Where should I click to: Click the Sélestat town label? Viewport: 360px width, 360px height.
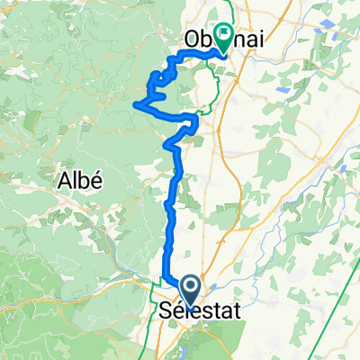pyautogui.click(x=192, y=311)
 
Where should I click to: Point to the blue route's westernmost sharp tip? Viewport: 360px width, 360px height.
pyautogui.click(x=135, y=105)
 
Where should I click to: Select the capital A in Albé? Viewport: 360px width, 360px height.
pyautogui.click(x=64, y=179)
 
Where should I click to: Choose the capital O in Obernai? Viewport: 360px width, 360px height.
pyautogui.click(x=192, y=40)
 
